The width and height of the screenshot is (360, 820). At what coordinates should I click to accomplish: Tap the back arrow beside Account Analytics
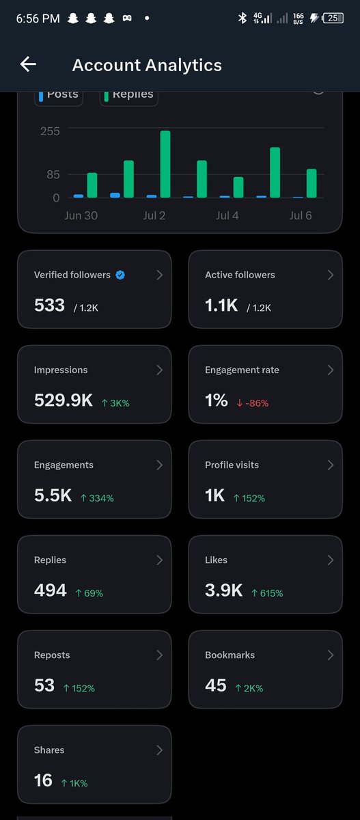pyautogui.click(x=28, y=64)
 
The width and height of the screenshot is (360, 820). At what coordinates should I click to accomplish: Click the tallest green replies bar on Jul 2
pyautogui.click(x=165, y=164)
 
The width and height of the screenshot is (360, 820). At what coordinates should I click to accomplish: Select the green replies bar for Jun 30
pyautogui.click(x=92, y=185)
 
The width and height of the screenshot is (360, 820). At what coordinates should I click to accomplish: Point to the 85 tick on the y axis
pyautogui.click(x=53, y=175)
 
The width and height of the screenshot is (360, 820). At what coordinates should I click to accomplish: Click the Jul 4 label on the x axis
pyautogui.click(x=227, y=215)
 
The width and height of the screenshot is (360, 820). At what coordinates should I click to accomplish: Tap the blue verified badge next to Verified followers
pyautogui.click(x=120, y=275)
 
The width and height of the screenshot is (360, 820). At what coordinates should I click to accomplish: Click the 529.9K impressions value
pyautogui.click(x=64, y=400)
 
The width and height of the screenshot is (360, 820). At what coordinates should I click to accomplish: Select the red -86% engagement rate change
pyautogui.click(x=253, y=403)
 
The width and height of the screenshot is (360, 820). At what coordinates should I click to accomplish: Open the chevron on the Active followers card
pyautogui.click(x=331, y=275)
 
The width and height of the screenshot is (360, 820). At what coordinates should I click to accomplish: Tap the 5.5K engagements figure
pyautogui.click(x=53, y=495)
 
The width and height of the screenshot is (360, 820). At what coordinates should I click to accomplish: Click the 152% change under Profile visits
pyautogui.click(x=249, y=498)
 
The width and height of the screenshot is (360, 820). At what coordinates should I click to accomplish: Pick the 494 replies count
pyautogui.click(x=51, y=590)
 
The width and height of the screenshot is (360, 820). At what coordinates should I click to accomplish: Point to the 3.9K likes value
pyautogui.click(x=223, y=590)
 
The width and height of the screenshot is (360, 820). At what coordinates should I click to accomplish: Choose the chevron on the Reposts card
pyautogui.click(x=160, y=655)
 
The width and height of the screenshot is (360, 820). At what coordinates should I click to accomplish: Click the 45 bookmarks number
pyautogui.click(x=216, y=685)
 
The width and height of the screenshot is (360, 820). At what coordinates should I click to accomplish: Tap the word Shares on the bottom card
pyautogui.click(x=49, y=750)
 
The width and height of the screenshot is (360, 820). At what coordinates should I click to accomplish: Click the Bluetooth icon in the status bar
pyautogui.click(x=243, y=18)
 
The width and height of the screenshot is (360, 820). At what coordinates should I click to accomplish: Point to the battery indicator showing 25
pyautogui.click(x=333, y=18)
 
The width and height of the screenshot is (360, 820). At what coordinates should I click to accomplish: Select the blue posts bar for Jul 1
pyautogui.click(x=115, y=195)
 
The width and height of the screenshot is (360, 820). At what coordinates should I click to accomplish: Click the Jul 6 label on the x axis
pyautogui.click(x=301, y=215)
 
